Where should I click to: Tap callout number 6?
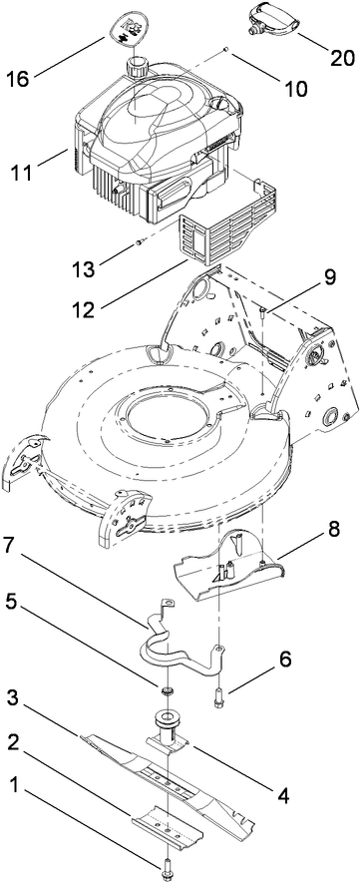pyautogui.click(x=256, y=687)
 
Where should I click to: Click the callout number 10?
pyautogui.click(x=267, y=88)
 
